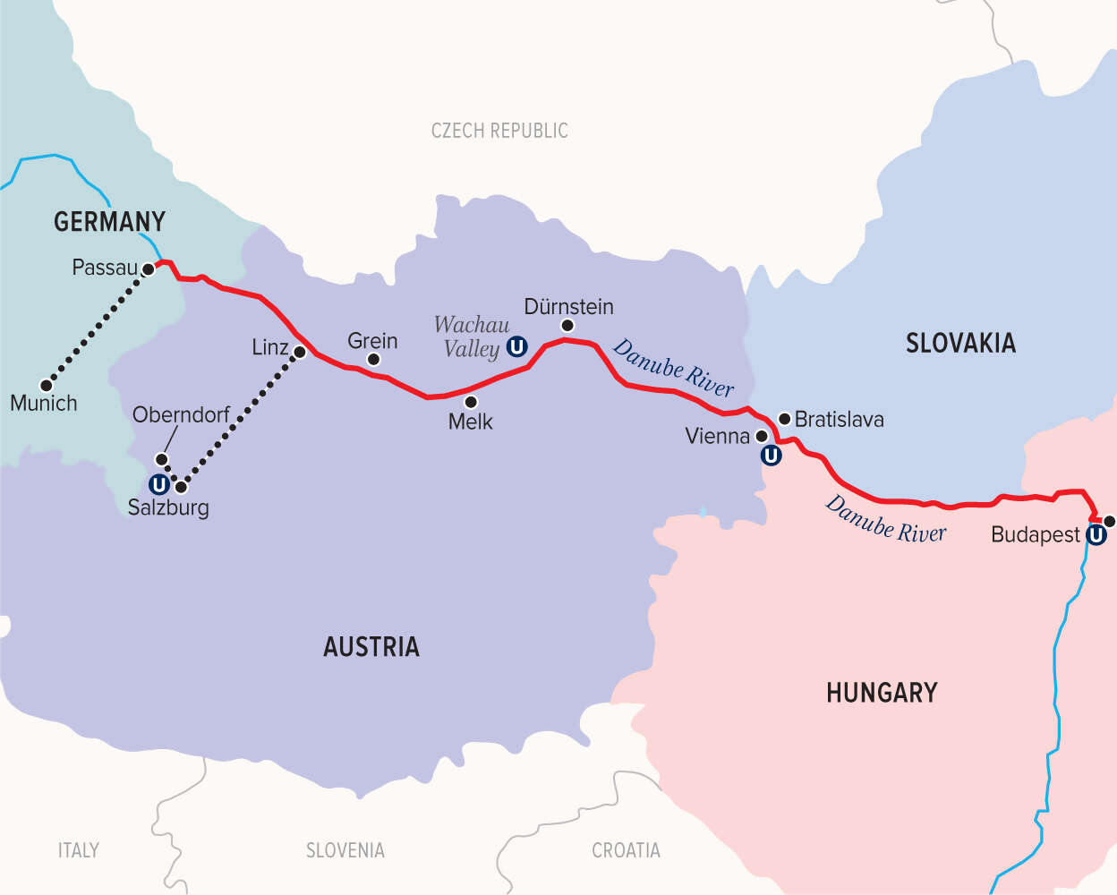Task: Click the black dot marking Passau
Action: (149, 268)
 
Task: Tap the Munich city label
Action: (44, 404)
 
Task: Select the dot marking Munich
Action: (47, 385)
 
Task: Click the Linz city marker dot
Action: (300, 353)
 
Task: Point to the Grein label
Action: (372, 341)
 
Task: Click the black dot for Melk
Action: (471, 403)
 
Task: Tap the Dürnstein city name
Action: (568, 307)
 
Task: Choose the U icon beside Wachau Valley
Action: (516, 347)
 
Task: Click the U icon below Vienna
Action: (771, 456)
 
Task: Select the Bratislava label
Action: (839, 420)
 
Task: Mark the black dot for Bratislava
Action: (785, 419)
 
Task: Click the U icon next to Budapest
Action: (1096, 535)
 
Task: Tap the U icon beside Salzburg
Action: (158, 485)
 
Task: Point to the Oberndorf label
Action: (181, 415)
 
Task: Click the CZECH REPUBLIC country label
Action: (499, 131)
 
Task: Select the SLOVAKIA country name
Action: (960, 343)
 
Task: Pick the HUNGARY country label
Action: (882, 693)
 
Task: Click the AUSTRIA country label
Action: (371, 647)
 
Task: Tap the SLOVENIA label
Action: (345, 850)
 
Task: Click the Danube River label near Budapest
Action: (885, 520)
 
